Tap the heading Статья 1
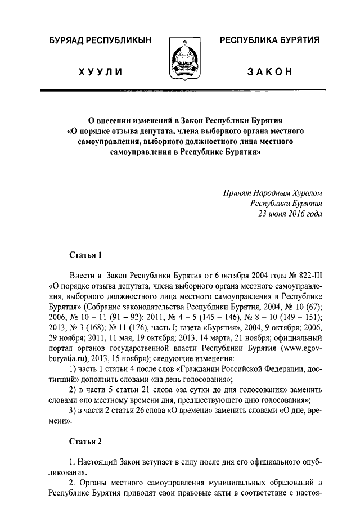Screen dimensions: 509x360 (85, 255)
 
